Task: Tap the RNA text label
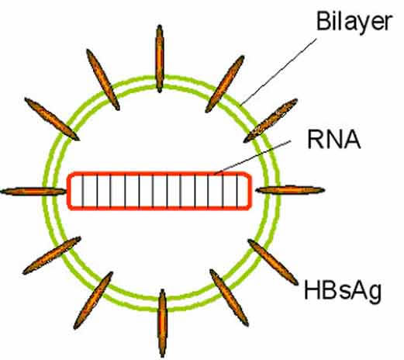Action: coord(334,140)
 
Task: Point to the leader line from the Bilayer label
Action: coord(278,72)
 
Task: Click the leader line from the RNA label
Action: coord(253,157)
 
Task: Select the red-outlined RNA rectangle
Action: coord(159,172)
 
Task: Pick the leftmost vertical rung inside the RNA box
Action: coord(83,191)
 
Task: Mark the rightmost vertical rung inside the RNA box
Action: coord(237,191)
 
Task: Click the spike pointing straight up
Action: coord(160,59)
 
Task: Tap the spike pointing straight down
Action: coord(162,324)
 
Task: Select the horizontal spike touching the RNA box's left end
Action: coord(33,192)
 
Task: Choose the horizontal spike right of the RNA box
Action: coord(290,190)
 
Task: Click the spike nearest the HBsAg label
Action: coord(273,262)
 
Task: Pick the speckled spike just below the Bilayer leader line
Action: coord(271,120)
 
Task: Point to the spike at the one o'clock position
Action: coord(225,84)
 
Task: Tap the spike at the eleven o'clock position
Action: coord(103,80)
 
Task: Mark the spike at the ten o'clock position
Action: coord(52,119)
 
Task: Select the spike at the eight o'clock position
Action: coord(52,255)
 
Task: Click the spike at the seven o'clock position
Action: coord(93,300)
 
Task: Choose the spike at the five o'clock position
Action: coord(229,298)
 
